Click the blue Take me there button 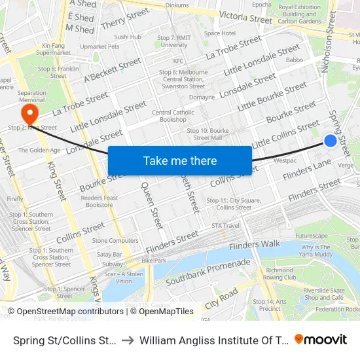180,160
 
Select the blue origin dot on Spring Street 331,141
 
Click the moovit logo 321,339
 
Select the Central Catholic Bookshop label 173,116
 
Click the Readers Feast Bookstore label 100,201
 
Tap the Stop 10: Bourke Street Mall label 208,134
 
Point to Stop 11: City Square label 225,204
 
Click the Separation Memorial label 31,96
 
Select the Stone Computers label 115,241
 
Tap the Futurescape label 311,236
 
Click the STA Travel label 225,226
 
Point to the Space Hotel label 220,33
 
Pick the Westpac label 285,160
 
